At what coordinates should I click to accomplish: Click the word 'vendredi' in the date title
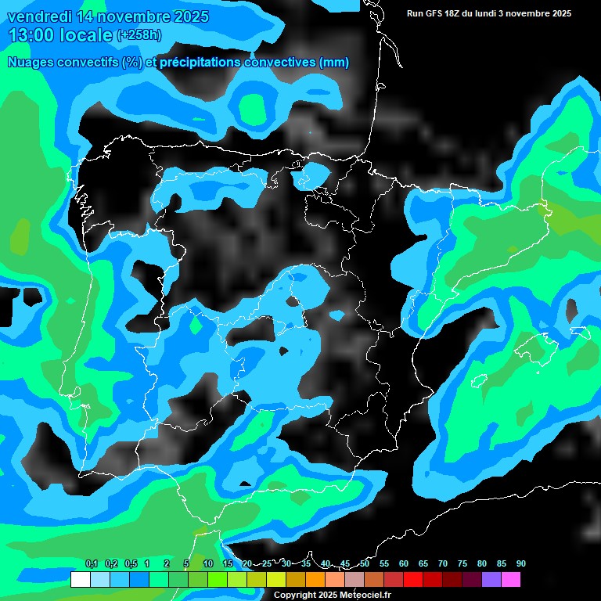[x=39, y=16]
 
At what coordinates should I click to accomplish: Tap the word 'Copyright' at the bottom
[x=295, y=595]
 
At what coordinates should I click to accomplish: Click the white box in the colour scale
[x=80, y=580]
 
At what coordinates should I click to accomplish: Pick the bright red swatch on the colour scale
[x=412, y=580]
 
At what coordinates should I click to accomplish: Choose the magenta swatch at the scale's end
[x=510, y=580]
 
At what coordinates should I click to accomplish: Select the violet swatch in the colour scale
[x=491, y=580]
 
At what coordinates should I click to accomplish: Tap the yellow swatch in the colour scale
[x=275, y=580]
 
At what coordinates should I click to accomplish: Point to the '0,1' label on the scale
[x=92, y=564]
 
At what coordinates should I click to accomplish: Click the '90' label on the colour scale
[x=520, y=564]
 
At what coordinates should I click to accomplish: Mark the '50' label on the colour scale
[x=365, y=564]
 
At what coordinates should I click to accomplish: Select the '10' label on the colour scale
[x=208, y=564]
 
